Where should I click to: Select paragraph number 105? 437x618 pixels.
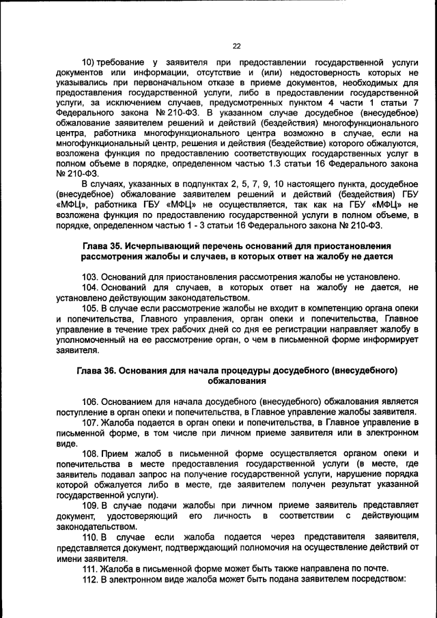(x=91, y=308)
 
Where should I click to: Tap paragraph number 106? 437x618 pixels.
(x=91, y=401)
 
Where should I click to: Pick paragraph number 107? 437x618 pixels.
(x=91, y=422)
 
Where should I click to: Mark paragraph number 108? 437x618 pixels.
(x=91, y=453)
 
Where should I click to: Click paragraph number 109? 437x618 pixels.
(x=91, y=505)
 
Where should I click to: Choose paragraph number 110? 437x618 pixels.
(x=91, y=537)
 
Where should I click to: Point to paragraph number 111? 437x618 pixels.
(x=91, y=568)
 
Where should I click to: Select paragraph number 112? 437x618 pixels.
(x=91, y=579)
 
